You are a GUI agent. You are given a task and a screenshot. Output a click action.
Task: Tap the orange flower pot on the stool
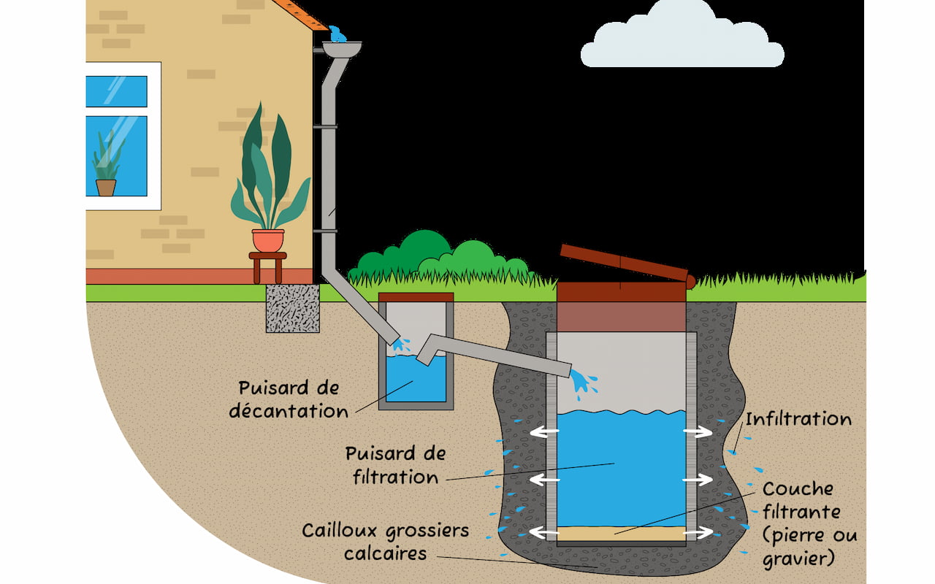click(267, 240)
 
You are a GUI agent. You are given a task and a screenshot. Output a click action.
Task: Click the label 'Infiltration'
click(798, 420)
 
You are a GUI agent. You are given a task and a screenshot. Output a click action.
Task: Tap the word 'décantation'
click(289, 411)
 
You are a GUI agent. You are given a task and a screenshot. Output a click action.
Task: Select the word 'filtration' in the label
click(395, 477)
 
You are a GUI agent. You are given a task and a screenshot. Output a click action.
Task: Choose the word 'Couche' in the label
click(798, 488)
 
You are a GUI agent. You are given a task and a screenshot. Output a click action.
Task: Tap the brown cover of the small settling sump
click(416, 297)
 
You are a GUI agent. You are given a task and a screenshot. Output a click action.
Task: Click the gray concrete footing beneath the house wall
click(292, 308)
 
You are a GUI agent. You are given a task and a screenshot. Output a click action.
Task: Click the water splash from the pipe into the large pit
click(582, 383)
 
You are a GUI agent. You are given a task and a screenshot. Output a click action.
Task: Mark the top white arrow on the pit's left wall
click(543, 432)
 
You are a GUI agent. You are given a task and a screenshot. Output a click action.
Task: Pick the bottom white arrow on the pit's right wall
click(698, 533)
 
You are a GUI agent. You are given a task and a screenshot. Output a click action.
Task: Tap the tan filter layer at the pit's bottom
click(621, 534)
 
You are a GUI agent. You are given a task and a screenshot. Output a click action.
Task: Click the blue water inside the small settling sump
click(416, 380)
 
